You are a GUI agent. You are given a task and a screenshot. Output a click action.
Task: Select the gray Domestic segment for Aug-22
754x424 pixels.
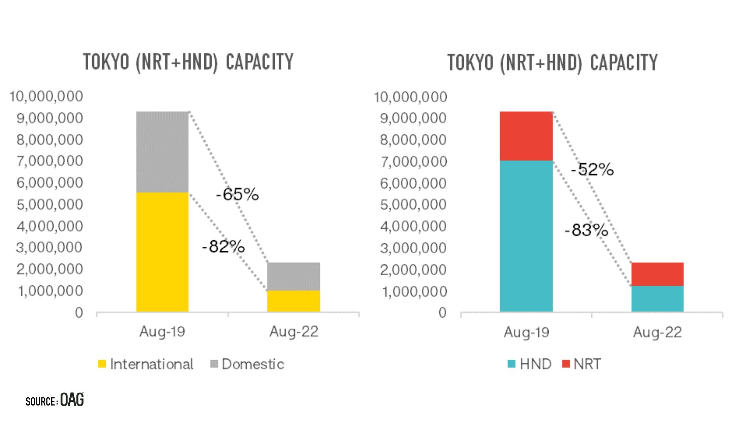pyautogui.click(x=294, y=276)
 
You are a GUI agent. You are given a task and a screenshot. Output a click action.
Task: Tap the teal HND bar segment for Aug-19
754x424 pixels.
pyautogui.click(x=526, y=236)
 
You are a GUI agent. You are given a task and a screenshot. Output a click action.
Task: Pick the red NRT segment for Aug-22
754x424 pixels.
pyautogui.click(x=657, y=274)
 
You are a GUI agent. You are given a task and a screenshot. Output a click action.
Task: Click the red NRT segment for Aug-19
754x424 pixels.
pyautogui.click(x=526, y=136)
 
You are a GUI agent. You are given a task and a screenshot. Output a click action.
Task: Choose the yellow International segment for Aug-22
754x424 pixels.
pyautogui.click(x=294, y=301)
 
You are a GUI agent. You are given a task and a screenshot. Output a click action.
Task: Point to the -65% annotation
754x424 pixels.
pyautogui.click(x=237, y=195)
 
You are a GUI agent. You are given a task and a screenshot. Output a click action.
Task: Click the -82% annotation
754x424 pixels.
pyautogui.click(x=224, y=247)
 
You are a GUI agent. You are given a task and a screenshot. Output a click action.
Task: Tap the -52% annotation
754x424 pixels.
pyautogui.click(x=592, y=169)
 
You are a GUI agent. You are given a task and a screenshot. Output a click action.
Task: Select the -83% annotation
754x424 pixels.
pyautogui.click(x=586, y=230)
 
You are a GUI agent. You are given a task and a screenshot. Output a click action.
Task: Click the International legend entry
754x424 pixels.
pyautogui.click(x=146, y=364)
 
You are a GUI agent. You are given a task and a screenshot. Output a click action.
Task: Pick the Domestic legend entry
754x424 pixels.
pyautogui.click(x=247, y=364)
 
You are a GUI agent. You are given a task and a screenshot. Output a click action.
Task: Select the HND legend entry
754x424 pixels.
pyautogui.click(x=529, y=364)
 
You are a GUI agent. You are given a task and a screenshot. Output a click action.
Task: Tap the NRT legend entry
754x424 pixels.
pyautogui.click(x=582, y=364)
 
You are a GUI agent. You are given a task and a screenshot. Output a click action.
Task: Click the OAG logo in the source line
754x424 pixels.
pyautogui.click(x=72, y=400)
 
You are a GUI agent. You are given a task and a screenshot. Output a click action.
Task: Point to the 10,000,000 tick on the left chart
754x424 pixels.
pyautogui.click(x=46, y=97)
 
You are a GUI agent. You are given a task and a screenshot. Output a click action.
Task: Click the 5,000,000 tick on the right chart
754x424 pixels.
pyautogui.click(x=413, y=205)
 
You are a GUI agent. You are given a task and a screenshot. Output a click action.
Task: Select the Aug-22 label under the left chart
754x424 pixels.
pyautogui.click(x=294, y=332)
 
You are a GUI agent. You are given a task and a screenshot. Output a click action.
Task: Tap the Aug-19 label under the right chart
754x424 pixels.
pyautogui.click(x=526, y=333)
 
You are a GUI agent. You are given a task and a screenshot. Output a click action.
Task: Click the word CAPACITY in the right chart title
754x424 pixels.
pyautogui.click(x=624, y=63)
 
